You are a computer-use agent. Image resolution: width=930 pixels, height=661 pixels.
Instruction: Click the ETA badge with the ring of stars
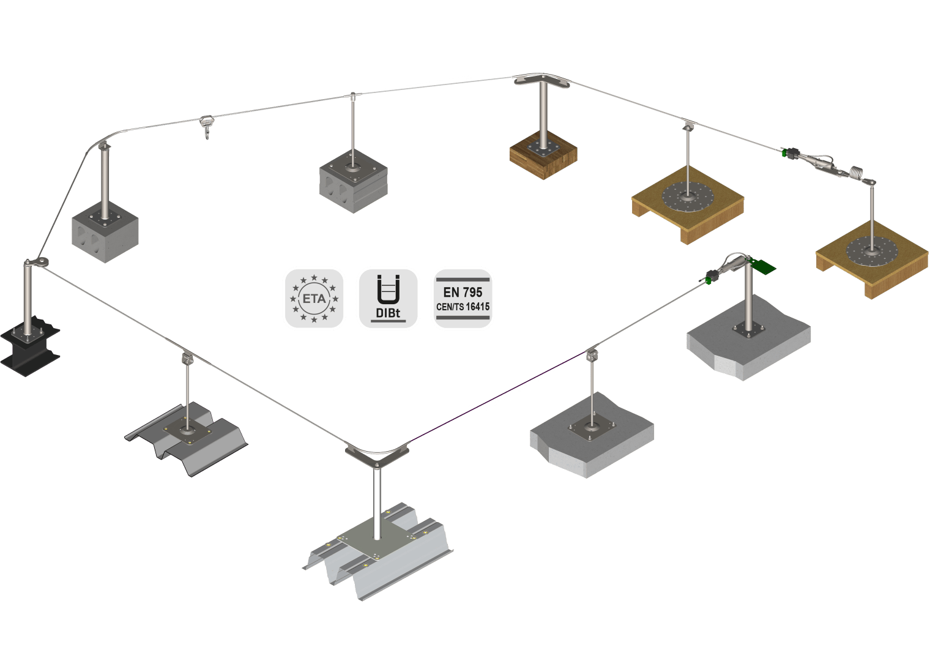pos(314,299)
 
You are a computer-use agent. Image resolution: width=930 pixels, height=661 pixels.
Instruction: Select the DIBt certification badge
pos(388,299)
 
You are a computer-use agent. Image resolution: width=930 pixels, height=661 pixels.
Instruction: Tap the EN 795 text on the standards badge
pos(462,292)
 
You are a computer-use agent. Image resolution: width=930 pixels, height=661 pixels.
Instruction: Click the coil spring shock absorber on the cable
pos(858,173)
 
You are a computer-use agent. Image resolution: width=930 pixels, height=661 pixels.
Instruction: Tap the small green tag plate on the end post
pos(762,266)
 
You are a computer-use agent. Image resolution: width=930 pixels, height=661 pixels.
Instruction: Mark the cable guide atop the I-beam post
pos(35,263)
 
